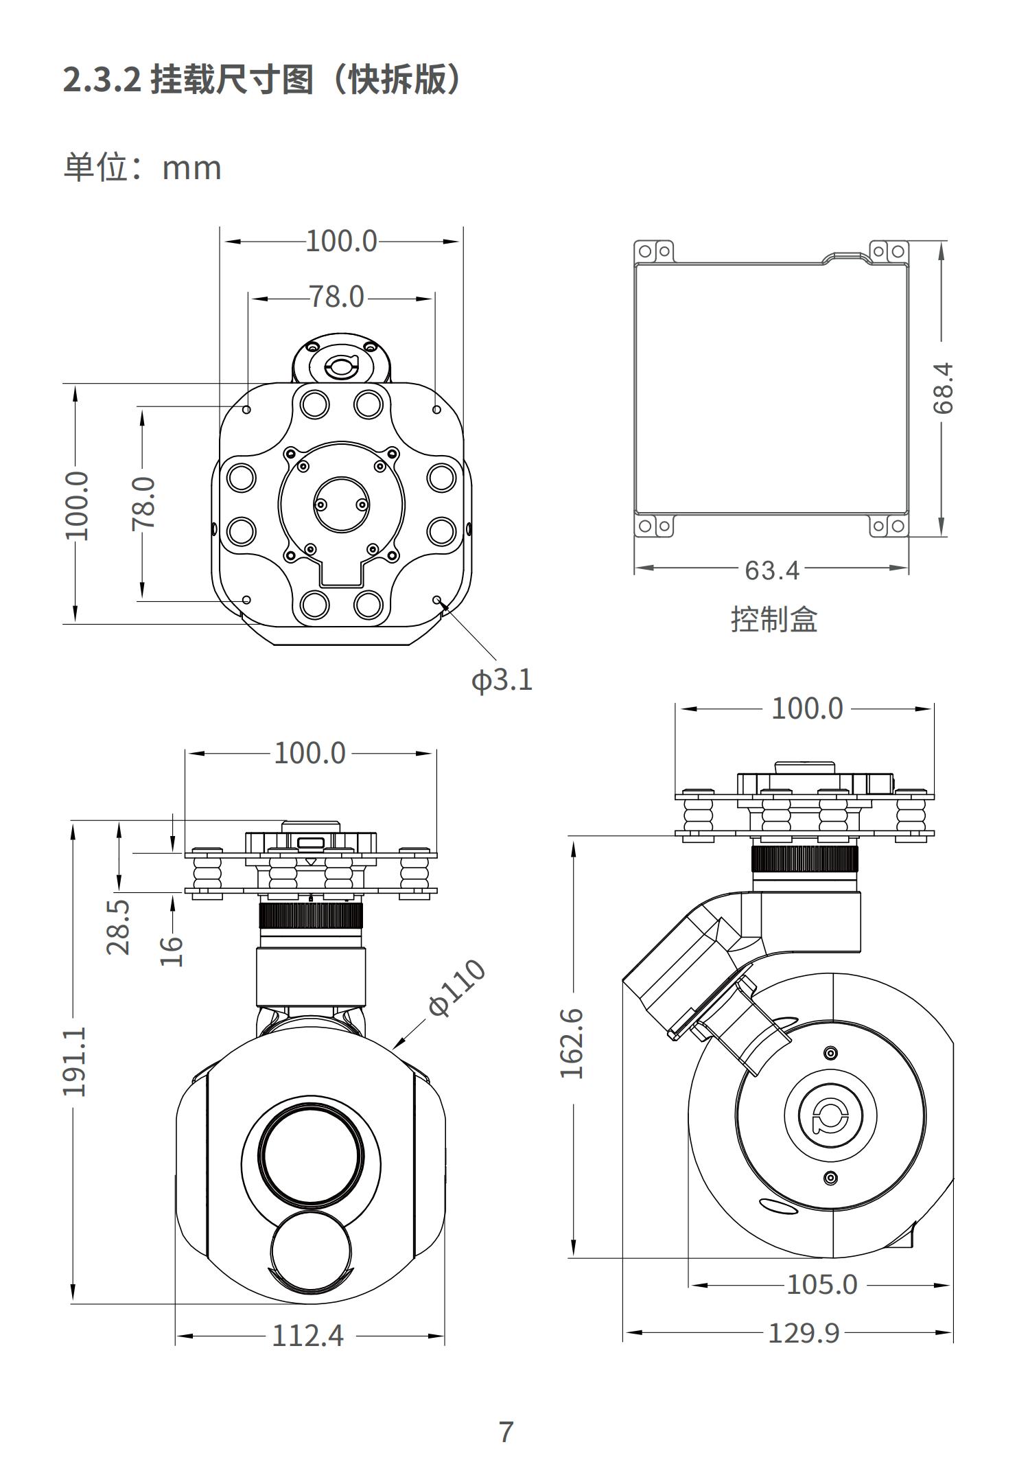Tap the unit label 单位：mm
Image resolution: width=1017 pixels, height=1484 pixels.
[143, 168]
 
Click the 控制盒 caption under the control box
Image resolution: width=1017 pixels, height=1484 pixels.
[774, 619]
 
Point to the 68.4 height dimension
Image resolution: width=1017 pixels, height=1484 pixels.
[943, 388]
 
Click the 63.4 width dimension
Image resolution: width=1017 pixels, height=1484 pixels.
[772, 570]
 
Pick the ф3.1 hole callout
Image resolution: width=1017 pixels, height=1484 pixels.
[502, 680]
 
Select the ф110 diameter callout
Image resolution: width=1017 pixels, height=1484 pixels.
[456, 988]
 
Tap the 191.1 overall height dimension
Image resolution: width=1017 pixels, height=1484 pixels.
[75, 1061]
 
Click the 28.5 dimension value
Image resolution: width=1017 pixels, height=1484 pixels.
[118, 927]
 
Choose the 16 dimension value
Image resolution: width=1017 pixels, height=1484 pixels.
[172, 951]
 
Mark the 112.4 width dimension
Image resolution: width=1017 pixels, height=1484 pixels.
[308, 1336]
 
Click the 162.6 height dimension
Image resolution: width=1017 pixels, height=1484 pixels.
[571, 1044]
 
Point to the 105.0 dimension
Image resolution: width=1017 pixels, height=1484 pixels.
[822, 1284]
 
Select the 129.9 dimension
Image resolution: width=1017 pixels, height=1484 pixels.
[804, 1333]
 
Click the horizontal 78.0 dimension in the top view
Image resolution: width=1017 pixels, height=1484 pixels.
[337, 297]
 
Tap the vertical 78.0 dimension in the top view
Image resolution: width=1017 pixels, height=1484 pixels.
[144, 503]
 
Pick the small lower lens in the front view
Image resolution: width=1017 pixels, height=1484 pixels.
[313, 1253]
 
